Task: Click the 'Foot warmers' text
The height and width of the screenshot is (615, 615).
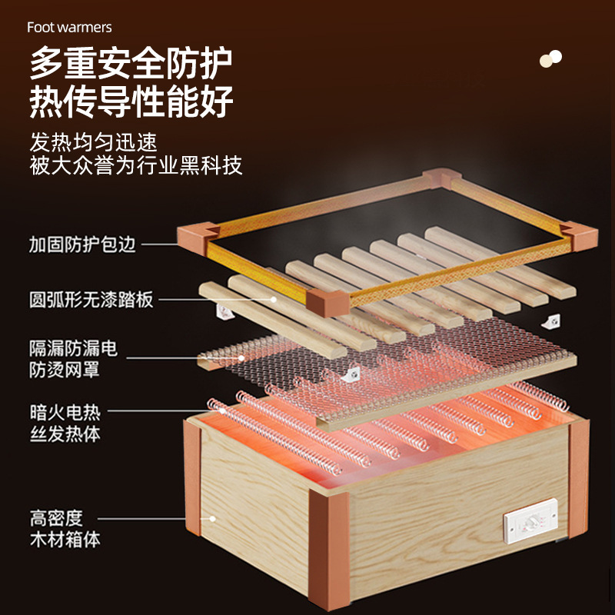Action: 69,28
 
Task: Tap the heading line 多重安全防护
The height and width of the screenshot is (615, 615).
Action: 131,64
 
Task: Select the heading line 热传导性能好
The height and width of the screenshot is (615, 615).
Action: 131,102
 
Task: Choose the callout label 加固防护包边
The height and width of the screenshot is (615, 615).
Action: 82,244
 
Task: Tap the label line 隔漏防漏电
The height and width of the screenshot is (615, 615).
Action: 73,348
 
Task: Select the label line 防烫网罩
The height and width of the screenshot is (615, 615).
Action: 65,371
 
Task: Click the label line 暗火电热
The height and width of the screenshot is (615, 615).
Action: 65,412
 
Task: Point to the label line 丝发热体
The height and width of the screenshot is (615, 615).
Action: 65,434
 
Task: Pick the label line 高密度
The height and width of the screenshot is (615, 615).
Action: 55,517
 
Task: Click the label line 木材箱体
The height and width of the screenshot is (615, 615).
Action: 65,540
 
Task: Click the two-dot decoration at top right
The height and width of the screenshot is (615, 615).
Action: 550,58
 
